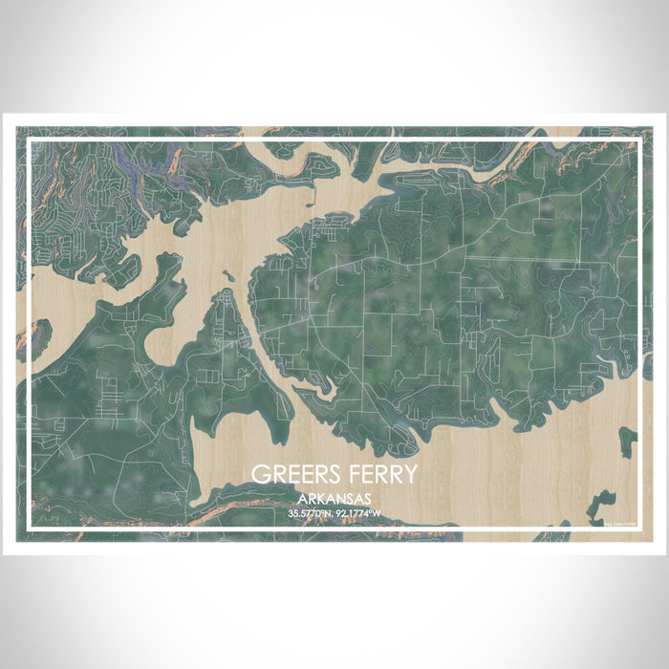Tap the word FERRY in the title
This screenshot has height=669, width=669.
point(379,475)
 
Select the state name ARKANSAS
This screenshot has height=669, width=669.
point(334,499)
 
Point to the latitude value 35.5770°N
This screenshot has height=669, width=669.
point(308,514)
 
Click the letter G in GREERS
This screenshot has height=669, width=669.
point(259,475)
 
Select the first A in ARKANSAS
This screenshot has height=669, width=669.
point(301,499)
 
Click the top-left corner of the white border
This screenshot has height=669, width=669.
point(30,140)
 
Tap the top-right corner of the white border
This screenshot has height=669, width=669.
point(638,140)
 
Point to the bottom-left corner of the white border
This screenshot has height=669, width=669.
point(30,529)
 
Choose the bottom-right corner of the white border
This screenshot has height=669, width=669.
point(638,529)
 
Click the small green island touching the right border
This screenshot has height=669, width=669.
point(629,441)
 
